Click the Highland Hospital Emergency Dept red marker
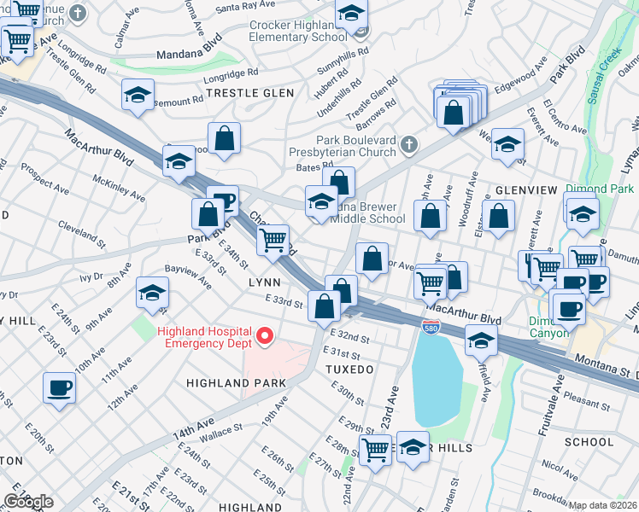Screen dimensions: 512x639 (265, 338)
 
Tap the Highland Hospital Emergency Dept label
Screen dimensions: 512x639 (204, 337)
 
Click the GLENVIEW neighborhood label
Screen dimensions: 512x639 (526, 189)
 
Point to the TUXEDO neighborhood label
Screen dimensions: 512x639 (349, 369)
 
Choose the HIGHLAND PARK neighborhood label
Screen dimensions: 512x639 (237, 383)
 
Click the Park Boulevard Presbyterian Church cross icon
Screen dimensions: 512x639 (409, 144)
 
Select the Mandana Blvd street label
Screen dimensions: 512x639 (189, 55)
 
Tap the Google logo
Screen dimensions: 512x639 (28, 501)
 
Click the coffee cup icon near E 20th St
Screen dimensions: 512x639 (59, 387)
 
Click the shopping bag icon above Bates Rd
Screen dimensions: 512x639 (224, 137)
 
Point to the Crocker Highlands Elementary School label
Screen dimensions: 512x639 (298, 31)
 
